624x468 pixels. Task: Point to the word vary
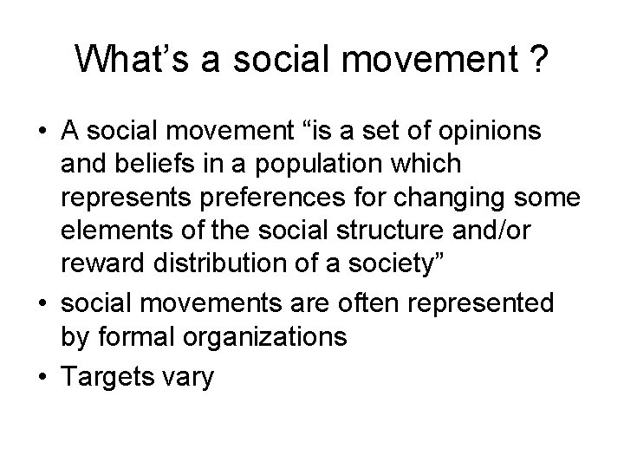(188, 378)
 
